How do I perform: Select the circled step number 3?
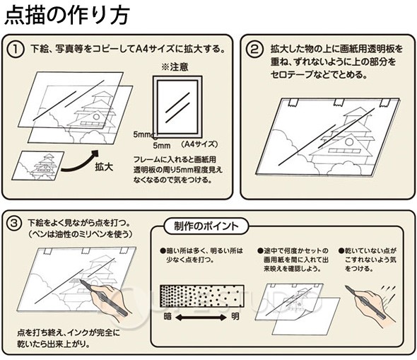pos(17,223)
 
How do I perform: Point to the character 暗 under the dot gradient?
pos(168,316)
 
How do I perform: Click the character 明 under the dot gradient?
pos(235,316)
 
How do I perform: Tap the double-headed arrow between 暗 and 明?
pos(201,316)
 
